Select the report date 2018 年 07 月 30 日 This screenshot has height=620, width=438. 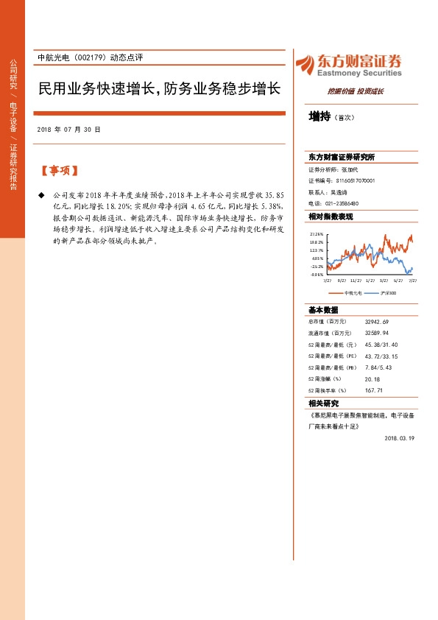click(x=68, y=129)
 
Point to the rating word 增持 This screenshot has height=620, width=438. click(x=319, y=116)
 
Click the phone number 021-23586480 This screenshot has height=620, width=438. click(x=340, y=202)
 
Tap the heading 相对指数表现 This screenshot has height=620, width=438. click(x=331, y=216)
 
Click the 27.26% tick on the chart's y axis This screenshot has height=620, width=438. click(x=317, y=233)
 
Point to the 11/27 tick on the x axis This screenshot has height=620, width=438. click(x=356, y=281)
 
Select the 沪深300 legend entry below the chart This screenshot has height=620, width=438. click(x=388, y=292)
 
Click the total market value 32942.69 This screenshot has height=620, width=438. click(x=376, y=323)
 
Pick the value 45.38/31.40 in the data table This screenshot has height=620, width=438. click(x=381, y=345)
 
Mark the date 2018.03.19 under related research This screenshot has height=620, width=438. click(x=400, y=437)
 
